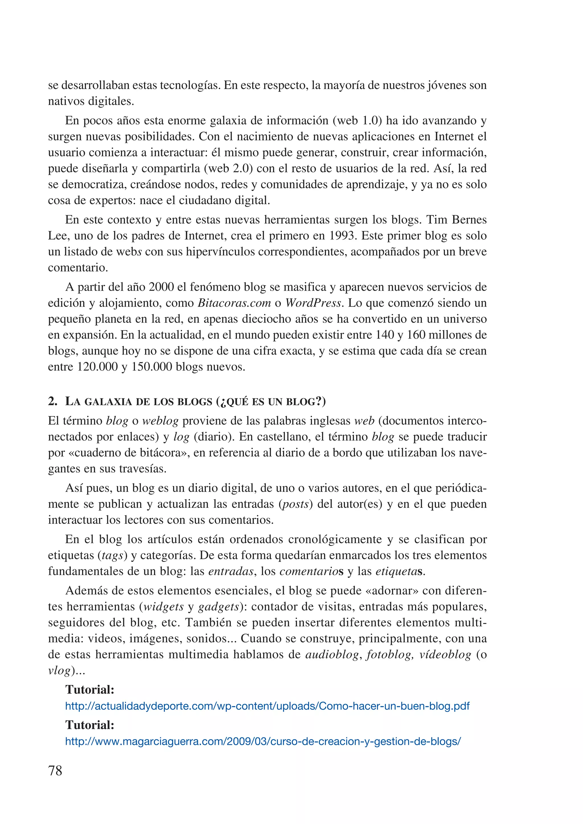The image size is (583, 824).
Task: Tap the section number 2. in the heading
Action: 52,401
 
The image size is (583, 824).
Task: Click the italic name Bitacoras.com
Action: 234,303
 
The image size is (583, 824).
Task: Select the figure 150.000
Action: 151,367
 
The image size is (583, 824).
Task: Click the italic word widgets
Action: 164,607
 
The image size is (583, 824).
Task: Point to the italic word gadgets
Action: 219,607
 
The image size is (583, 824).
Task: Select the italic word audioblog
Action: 332,654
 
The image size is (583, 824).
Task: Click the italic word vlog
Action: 59,670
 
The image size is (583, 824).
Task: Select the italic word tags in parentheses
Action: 113,555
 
